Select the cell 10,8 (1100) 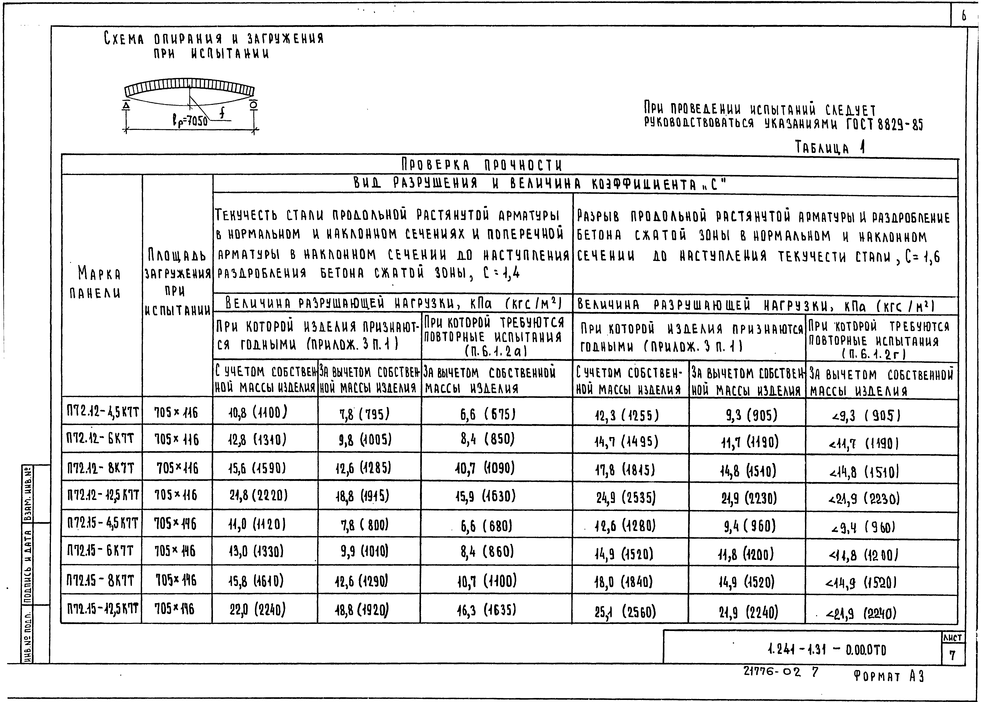[x=258, y=413]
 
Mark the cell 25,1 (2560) [x=625, y=612]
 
